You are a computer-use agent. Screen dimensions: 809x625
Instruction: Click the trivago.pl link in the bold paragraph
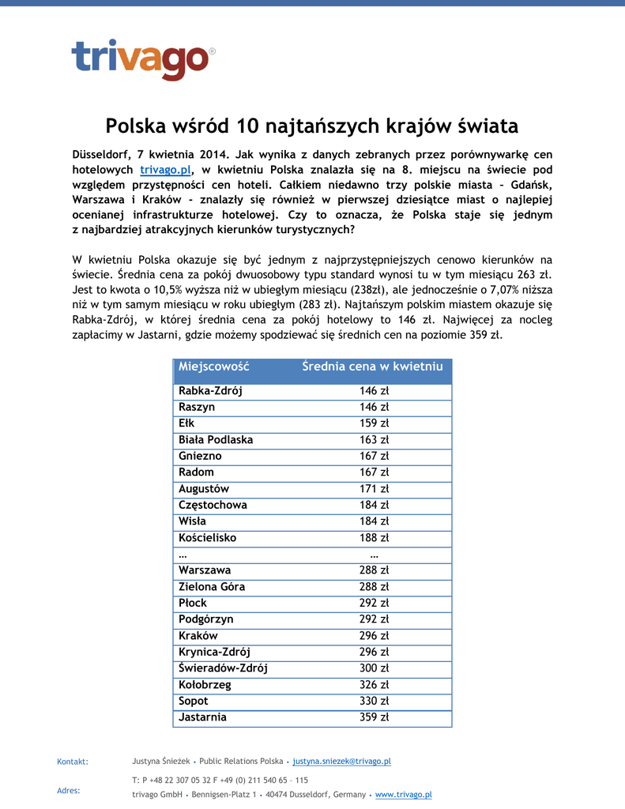(x=166, y=170)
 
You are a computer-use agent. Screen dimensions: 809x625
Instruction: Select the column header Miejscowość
(x=213, y=367)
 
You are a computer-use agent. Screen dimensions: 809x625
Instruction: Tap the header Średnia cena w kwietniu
(x=372, y=367)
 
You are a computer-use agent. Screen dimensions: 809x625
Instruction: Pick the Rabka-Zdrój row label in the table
(x=210, y=391)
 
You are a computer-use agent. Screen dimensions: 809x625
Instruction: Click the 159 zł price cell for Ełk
(x=374, y=423)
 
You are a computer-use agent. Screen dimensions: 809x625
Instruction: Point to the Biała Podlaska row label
(x=216, y=440)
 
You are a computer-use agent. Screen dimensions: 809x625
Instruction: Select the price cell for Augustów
(x=374, y=489)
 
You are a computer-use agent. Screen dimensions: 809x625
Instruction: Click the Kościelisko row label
(x=207, y=538)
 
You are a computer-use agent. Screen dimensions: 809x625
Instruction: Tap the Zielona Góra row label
(x=212, y=587)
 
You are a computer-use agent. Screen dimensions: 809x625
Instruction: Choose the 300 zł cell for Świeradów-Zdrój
(x=374, y=668)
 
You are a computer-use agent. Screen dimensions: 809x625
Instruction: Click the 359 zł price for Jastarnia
(x=374, y=717)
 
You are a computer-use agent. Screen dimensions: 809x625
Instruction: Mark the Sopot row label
(x=194, y=701)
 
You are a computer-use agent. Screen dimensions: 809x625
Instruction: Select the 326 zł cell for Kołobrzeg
(x=374, y=685)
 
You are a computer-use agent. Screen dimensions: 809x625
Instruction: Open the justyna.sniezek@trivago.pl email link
(x=341, y=762)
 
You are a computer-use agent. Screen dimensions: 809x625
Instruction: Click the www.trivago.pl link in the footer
(x=403, y=795)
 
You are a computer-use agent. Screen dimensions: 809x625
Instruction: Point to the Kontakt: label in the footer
(x=73, y=762)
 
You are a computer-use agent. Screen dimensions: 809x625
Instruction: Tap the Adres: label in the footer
(x=69, y=791)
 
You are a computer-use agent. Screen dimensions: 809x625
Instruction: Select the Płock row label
(x=193, y=603)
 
